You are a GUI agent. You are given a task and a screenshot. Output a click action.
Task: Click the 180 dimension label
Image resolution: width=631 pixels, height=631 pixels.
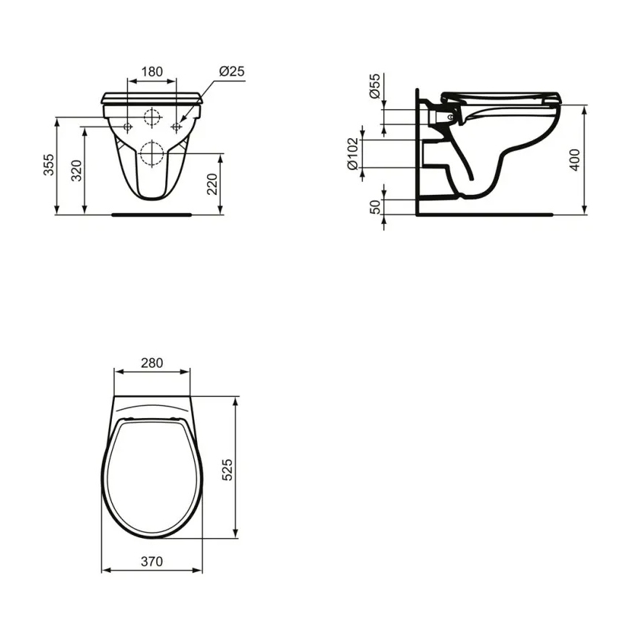coord(152,71)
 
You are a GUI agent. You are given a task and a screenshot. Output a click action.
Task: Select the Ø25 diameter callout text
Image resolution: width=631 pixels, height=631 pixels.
coord(230,71)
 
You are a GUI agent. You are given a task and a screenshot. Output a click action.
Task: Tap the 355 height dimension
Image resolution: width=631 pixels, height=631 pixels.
coord(48,164)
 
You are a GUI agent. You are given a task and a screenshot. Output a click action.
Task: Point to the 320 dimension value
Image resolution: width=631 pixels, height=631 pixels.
coord(76,169)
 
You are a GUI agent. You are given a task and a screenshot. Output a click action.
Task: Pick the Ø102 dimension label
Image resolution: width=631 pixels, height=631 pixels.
coord(353,153)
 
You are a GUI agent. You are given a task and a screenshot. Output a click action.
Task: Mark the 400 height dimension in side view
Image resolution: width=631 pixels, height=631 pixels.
coord(575,159)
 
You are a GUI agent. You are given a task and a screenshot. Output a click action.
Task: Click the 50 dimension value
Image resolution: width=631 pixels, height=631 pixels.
coord(375,206)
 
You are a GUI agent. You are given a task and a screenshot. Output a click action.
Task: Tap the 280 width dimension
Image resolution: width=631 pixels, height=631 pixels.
coord(152,363)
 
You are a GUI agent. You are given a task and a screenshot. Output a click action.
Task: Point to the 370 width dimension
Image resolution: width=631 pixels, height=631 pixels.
coord(152,561)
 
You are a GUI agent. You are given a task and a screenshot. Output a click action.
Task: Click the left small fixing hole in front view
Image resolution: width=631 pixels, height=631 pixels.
coord(128,126)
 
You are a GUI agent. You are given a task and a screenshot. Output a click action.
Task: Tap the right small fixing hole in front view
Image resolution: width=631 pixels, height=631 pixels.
coord(176,126)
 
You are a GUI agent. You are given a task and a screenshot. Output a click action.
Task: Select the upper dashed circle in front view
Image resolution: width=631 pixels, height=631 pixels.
coord(152,117)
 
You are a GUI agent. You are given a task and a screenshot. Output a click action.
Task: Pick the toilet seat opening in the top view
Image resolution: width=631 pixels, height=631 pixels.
coord(152,476)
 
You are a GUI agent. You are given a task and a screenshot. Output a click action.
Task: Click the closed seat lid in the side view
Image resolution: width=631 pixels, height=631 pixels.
coord(502,96)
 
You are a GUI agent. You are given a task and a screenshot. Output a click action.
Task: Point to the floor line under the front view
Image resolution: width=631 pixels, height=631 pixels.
coord(152,214)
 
